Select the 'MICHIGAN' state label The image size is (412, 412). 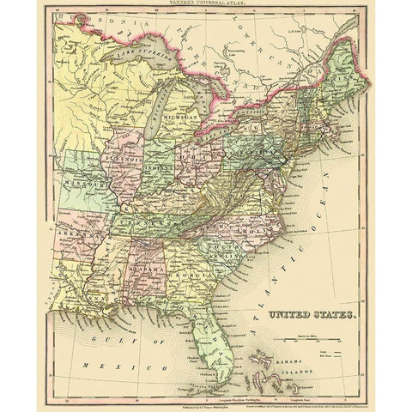(181, 114)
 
